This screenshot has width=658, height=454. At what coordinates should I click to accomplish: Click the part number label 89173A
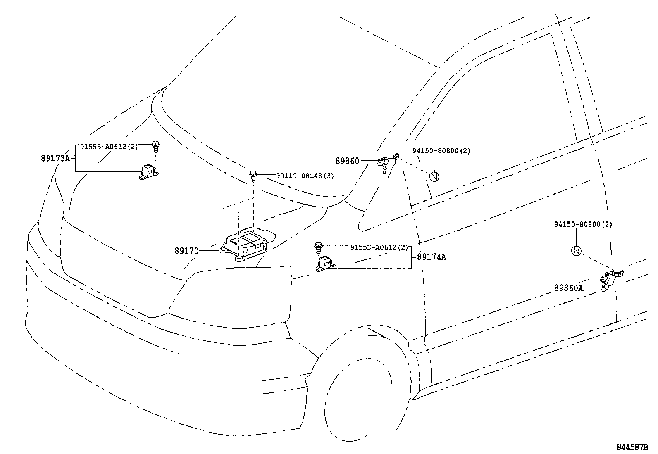point(55,158)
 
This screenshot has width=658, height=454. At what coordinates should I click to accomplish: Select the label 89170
point(186,250)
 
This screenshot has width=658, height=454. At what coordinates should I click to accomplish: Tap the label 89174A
point(431,257)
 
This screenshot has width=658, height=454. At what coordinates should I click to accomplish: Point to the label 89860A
point(568,288)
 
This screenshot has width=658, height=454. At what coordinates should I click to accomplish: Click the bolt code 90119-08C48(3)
point(305,176)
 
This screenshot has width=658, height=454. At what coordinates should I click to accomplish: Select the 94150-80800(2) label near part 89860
point(441,151)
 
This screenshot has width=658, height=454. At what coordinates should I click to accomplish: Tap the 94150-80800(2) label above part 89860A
point(583,224)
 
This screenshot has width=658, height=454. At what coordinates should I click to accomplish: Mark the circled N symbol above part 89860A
point(576,251)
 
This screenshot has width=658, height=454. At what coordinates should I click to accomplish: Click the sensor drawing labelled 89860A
point(611,281)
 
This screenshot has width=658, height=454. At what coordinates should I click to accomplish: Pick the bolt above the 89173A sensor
point(156,145)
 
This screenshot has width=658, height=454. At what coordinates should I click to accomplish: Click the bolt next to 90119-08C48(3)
point(253,176)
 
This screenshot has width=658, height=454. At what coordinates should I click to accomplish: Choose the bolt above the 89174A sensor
point(318,247)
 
